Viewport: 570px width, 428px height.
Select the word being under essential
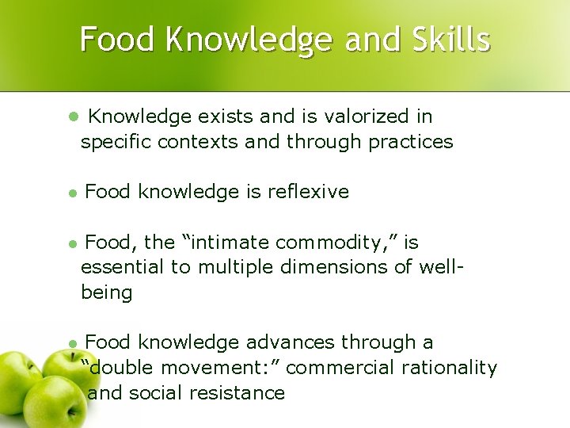point(106,292)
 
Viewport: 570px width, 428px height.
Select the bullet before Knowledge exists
point(72,117)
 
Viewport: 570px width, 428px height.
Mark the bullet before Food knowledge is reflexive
point(71,193)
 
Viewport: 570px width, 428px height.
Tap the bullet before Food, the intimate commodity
point(71,243)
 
